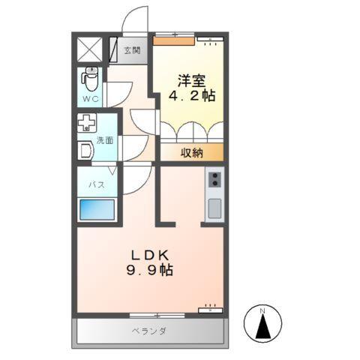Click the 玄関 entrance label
(x=132, y=50)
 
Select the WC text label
(x=90, y=97)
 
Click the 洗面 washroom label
(x=104, y=139)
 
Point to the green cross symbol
(x=87, y=123)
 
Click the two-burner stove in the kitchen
(x=215, y=178)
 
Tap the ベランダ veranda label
(x=149, y=331)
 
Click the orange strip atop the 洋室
(x=176, y=41)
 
